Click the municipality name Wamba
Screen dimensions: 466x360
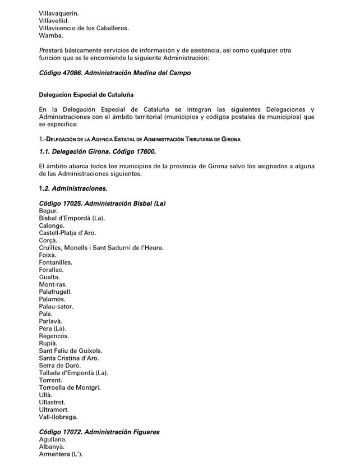(x=50, y=35)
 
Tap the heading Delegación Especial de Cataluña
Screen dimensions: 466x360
(x=86, y=95)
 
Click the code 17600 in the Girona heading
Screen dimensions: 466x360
(x=145, y=152)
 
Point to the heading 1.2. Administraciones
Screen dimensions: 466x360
(x=73, y=188)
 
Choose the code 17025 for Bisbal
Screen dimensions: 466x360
(x=73, y=203)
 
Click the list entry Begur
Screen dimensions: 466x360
(x=48, y=211)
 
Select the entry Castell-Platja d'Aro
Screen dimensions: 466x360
(x=67, y=233)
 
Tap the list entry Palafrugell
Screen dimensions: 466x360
(x=56, y=292)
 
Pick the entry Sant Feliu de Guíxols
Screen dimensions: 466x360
(x=71, y=350)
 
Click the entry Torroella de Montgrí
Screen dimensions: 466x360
(x=70, y=387)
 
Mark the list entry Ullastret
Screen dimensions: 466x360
(x=52, y=402)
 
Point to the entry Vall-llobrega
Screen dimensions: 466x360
(x=58, y=417)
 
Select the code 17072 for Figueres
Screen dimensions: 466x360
(x=73, y=432)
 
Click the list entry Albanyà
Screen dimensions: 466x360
(x=52, y=447)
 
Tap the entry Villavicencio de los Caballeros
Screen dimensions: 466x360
(x=84, y=28)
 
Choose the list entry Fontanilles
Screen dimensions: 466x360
(x=56, y=262)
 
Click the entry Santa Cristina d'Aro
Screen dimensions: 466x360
(x=70, y=358)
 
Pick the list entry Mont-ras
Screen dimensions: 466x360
(x=53, y=284)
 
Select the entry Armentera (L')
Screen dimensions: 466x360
(x=61, y=454)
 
